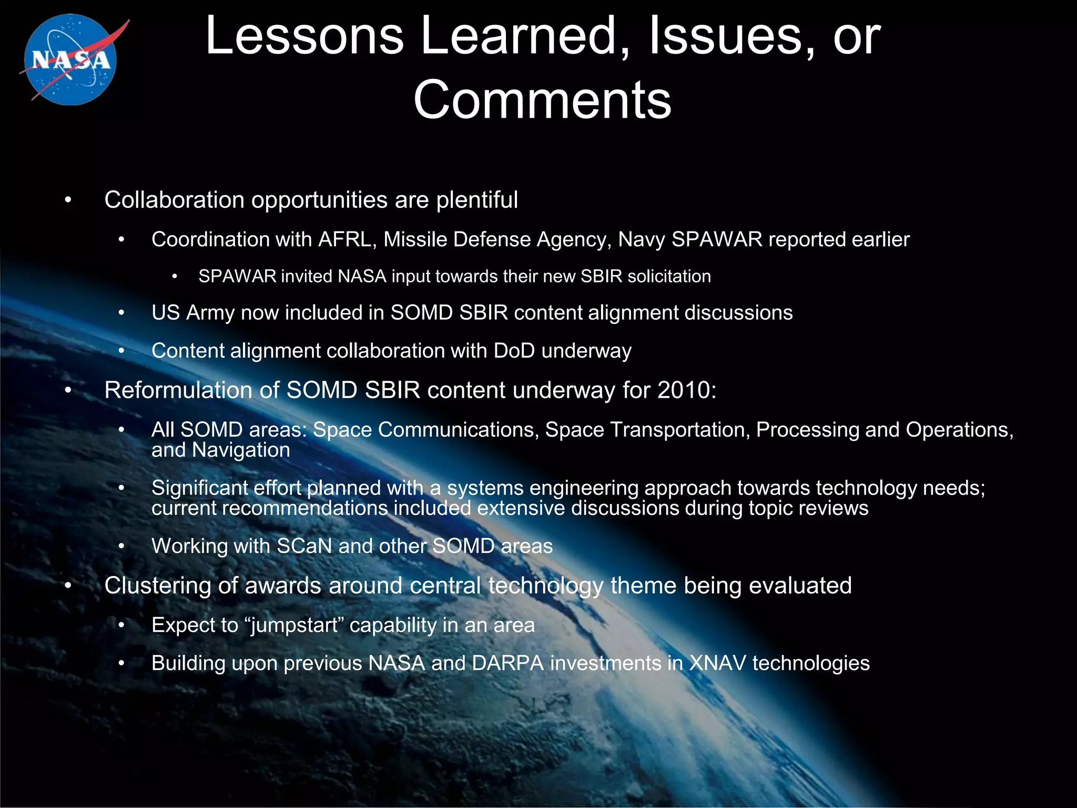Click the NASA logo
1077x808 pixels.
tap(71, 59)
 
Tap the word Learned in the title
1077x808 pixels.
tap(518, 36)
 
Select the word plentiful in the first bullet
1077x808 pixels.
tap(477, 200)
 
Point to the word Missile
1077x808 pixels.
tap(415, 240)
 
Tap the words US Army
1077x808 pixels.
tap(192, 313)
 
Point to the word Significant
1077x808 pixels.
tap(199, 488)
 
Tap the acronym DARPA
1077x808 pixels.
tap(507, 663)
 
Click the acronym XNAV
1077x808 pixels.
tap(717, 663)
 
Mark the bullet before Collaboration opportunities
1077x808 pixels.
tap(67, 201)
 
